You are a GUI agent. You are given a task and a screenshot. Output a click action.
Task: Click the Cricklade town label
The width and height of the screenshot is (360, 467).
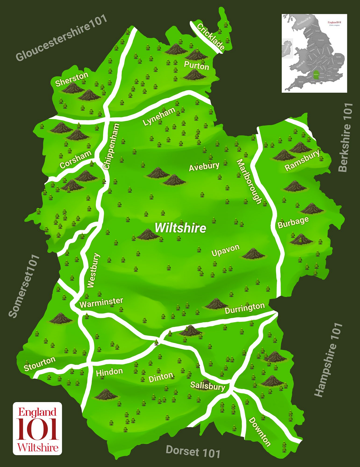click(210, 37)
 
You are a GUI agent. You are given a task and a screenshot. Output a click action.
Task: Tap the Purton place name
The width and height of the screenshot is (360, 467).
click(196, 66)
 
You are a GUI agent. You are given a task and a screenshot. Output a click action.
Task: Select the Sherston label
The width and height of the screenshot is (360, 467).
click(72, 79)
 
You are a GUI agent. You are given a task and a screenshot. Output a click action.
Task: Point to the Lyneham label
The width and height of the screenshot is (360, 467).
click(159, 117)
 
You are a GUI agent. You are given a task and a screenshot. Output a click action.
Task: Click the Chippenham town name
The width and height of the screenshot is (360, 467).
click(112, 146)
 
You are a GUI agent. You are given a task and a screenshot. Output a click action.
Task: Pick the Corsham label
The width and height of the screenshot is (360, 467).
click(75, 159)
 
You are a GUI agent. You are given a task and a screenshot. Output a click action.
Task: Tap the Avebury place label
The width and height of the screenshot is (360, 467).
click(204, 167)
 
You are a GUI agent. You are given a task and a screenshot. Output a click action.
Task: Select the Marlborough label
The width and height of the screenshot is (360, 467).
click(249, 182)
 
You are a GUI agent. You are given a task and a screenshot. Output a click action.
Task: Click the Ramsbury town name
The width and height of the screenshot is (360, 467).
click(302, 160)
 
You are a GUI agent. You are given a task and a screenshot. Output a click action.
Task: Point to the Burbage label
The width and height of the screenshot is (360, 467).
click(293, 222)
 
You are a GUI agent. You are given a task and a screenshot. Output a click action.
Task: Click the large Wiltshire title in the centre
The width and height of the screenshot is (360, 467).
click(180, 228)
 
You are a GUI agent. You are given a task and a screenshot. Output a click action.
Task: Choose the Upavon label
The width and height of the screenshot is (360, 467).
click(225, 250)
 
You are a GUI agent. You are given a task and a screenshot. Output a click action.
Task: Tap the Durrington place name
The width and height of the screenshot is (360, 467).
click(245, 308)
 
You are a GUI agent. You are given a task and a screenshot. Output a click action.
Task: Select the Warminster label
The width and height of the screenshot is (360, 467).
click(101, 303)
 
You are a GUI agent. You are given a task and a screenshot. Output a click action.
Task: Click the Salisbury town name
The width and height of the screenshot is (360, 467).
click(207, 386)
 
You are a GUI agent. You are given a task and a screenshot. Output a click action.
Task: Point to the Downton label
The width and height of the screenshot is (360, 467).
click(259, 431)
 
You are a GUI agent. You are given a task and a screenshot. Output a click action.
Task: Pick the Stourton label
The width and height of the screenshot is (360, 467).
click(39, 363)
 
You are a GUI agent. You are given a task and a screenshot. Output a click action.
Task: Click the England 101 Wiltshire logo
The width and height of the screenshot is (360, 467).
click(37, 428)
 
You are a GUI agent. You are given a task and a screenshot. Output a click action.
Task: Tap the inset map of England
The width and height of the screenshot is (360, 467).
click(314, 53)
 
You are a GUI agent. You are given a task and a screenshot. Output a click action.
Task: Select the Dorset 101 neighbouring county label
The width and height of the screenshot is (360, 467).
click(193, 451)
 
